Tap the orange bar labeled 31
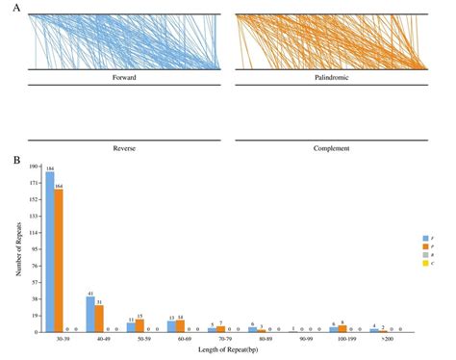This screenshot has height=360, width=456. pyautogui.click(x=100, y=319)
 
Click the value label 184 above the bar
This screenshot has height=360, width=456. pyautogui.click(x=49, y=167)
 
